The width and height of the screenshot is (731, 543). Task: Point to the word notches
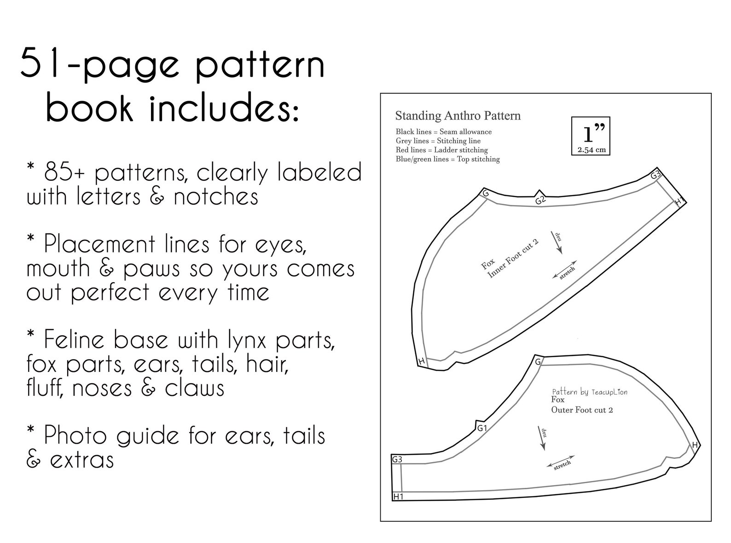coord(216,197)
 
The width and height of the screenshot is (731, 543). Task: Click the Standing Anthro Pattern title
coord(458,115)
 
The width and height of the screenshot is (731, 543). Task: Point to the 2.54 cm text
coord(591,150)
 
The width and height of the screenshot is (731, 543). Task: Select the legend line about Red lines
coord(441,150)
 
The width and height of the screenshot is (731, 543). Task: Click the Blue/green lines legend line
coord(447,159)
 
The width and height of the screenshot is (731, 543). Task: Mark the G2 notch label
coord(540,200)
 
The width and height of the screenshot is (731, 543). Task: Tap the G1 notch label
coord(482,429)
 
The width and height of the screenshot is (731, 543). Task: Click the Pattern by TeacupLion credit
coord(589,392)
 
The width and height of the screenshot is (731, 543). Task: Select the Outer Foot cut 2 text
coord(582,410)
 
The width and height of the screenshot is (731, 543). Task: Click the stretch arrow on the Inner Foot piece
coord(564,273)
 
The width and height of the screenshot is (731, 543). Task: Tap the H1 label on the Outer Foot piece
coord(398,497)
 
